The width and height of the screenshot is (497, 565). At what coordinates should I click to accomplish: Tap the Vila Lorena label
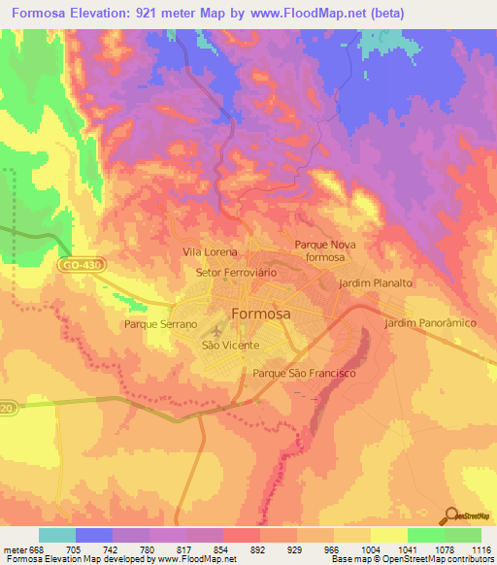point(210,251)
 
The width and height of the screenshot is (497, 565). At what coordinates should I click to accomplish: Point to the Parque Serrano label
point(161,324)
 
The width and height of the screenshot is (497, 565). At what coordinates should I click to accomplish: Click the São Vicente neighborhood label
point(230,346)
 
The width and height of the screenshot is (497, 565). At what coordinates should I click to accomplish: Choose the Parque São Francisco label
point(305,373)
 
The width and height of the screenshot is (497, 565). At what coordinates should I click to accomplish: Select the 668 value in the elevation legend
point(38,548)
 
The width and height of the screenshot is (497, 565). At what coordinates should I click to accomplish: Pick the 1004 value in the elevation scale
point(370,548)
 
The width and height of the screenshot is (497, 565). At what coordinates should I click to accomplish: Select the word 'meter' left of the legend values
point(14,548)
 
